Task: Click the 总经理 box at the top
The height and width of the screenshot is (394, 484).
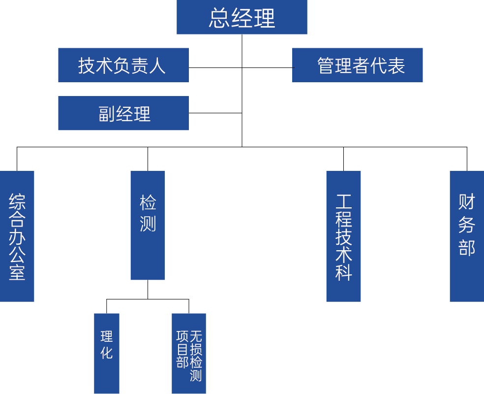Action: pyautogui.click(x=242, y=17)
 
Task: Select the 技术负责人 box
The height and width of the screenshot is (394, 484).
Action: pyautogui.click(x=123, y=65)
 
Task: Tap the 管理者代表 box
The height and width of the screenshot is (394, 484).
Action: pyautogui.click(x=357, y=65)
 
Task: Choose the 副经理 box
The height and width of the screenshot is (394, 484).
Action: pyautogui.click(x=123, y=113)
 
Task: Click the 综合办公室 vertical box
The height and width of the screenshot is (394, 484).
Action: pyautogui.click(x=17, y=236)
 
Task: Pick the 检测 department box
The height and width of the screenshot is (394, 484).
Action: pyautogui.click(x=148, y=225)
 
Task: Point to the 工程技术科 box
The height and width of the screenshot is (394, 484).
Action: pyautogui.click(x=343, y=236)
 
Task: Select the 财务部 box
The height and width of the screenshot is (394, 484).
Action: pyautogui.click(x=466, y=236)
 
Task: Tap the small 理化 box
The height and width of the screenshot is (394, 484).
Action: pyautogui.click(x=107, y=353)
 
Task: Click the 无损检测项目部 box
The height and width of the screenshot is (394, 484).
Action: pyautogui.click(x=189, y=353)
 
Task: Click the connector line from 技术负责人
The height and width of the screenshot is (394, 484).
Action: pyautogui.click(x=215, y=67)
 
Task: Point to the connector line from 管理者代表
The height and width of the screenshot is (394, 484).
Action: pyautogui.click(x=267, y=67)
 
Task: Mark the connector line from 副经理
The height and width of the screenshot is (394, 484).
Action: pyautogui.click(x=215, y=113)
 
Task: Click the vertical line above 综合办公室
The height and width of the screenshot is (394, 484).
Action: pyautogui.click(x=17, y=159)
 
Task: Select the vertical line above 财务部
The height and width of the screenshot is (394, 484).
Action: pyautogui.click(x=466, y=159)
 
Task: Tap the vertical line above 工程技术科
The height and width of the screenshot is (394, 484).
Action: pyautogui.click(x=343, y=159)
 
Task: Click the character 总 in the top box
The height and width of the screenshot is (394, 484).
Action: pyautogui.click(x=219, y=18)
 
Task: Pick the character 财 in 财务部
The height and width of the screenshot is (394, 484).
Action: pyautogui.click(x=466, y=201)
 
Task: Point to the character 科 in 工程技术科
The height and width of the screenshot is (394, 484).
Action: pyautogui.click(x=344, y=272)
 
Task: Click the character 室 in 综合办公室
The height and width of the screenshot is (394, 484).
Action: pyautogui.click(x=17, y=272)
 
